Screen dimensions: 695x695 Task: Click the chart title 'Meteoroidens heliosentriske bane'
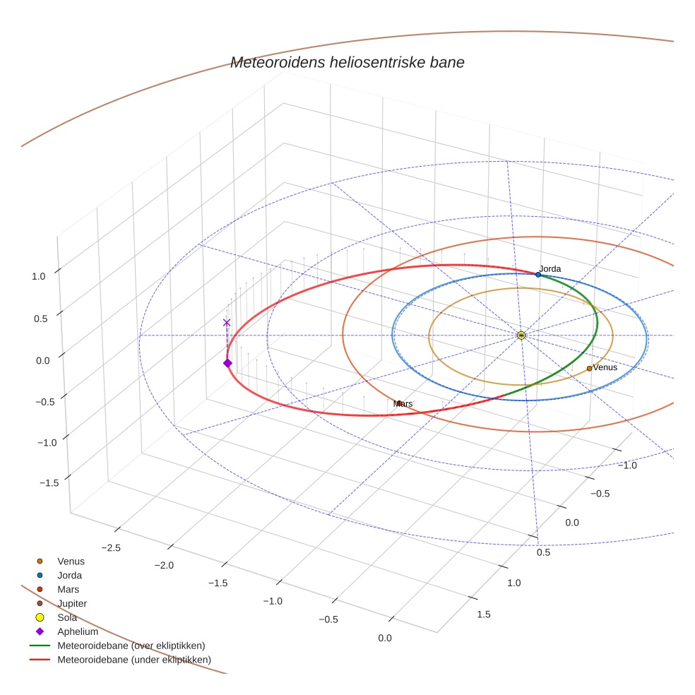coord(347,62)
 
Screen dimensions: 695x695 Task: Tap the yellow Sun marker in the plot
coord(521,335)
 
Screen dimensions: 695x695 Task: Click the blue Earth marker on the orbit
coord(538,274)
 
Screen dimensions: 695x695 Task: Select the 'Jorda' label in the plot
coord(550,268)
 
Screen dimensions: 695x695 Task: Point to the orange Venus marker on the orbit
coord(589,368)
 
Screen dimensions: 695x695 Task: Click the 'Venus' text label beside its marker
coord(605,367)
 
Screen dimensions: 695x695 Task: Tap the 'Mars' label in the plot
coord(403,403)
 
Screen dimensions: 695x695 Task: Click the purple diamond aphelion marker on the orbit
coord(227,363)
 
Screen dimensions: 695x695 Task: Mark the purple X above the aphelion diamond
coord(227,323)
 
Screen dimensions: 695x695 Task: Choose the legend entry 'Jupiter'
coord(72,603)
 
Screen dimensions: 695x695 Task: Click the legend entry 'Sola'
coord(67,617)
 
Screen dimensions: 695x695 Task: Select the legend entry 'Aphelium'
coord(78,631)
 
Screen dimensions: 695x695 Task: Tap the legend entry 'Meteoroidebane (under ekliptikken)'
coord(133,660)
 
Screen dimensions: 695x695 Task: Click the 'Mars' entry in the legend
coord(69,589)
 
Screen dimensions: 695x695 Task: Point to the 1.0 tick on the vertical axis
coord(39,276)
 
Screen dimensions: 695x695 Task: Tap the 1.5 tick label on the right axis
coord(484,614)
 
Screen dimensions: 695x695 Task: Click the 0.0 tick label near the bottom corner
coord(385,638)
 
